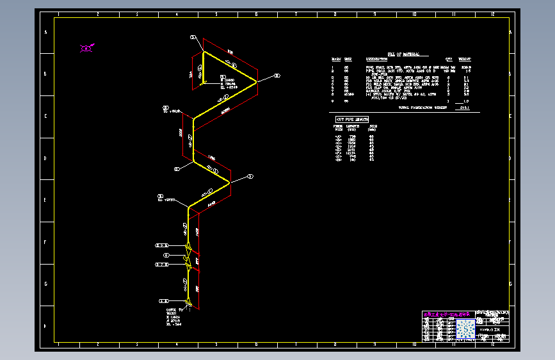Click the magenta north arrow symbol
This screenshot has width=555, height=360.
click(x=86, y=47)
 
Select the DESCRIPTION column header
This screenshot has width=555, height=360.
click(x=376, y=59)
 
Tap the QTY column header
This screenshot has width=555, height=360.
click(x=449, y=59)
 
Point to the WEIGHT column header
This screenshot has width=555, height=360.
click(x=465, y=59)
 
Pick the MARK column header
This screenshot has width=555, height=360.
click(x=334, y=59)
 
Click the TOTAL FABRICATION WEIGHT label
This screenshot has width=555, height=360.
click(x=422, y=108)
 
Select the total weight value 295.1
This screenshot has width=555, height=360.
click(x=465, y=108)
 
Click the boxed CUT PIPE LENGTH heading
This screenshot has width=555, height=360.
click(x=352, y=120)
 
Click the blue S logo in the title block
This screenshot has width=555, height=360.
click(x=469, y=329)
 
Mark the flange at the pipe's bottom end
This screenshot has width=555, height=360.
click(x=188, y=301)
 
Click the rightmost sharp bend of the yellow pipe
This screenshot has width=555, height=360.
click(x=256, y=82)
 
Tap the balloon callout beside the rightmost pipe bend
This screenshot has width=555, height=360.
click(x=277, y=76)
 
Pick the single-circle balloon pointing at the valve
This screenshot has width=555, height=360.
click(x=166, y=255)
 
